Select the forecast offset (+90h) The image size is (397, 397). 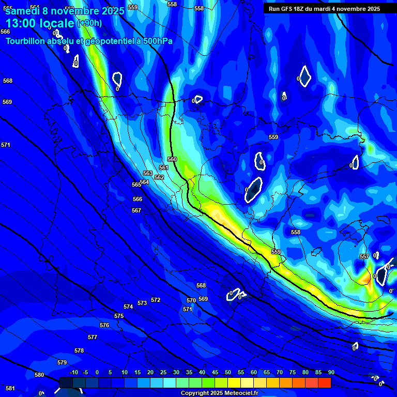coord(89,23)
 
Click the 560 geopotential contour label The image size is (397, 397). coord(172,160)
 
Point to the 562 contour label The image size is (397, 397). coord(159,178)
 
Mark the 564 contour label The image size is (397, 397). coord(144,182)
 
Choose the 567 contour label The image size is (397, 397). coord(136,211)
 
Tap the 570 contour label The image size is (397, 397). coord(191,301)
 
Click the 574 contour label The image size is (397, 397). coord(128,307)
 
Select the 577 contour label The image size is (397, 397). coord(93,338)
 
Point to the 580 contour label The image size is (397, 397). coord(39,375)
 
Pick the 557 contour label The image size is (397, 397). coord(364,257)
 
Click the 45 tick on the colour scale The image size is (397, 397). coord(215,373)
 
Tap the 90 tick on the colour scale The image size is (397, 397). coord(331,373)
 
